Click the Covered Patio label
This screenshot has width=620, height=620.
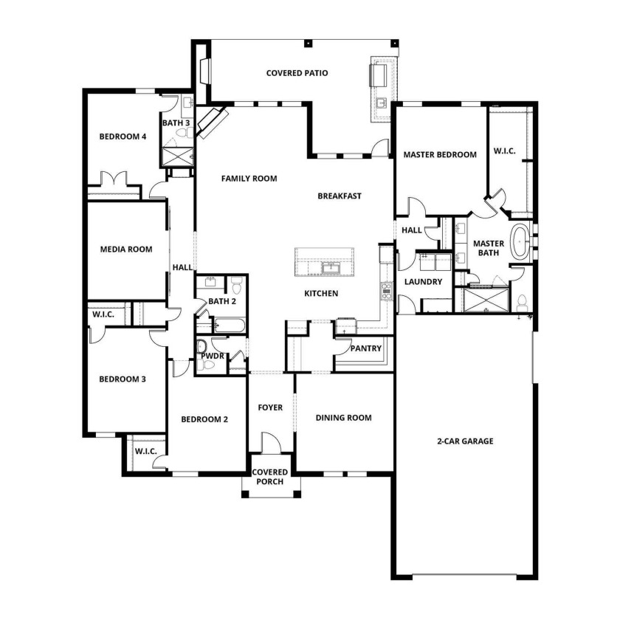pos(297,73)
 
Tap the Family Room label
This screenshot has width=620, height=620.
pos(249,179)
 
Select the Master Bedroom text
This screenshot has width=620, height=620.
pos(440,154)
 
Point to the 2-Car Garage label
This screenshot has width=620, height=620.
pos(465,441)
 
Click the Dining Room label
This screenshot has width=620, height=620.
pos(344,418)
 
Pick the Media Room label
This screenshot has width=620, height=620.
pos(126,249)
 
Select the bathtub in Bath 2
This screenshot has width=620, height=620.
pos(230,325)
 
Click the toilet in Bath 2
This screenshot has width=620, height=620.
pos(236,285)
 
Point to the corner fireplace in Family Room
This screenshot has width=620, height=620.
pos(213,123)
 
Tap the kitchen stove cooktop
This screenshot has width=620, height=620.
pos(386,291)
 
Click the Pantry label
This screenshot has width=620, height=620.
pos(366,348)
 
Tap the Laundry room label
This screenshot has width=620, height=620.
pos(423,282)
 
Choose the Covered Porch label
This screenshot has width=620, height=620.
pos(269,477)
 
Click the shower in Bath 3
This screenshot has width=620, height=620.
pos(178,156)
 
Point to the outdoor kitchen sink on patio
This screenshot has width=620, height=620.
pos(381,103)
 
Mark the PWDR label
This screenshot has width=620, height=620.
pos(213,356)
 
